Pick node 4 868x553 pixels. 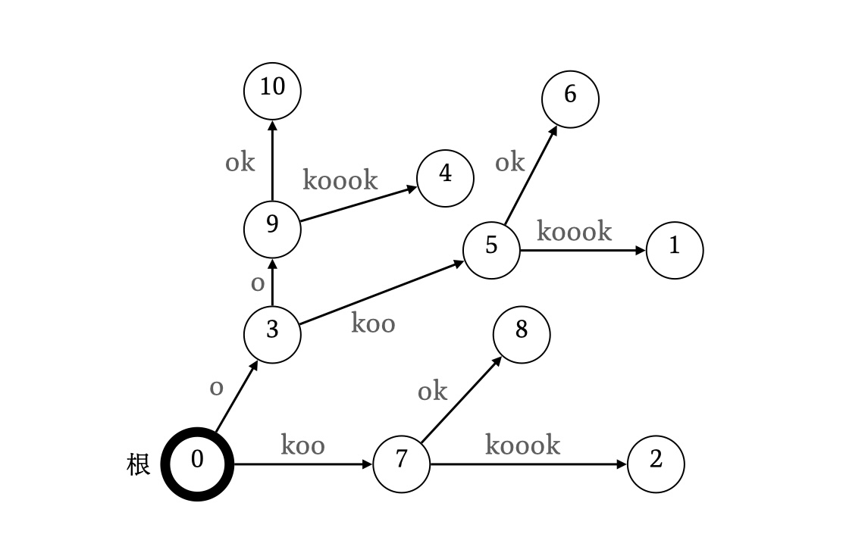pyautogui.click(x=445, y=178)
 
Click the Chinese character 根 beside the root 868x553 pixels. pyautogui.click(x=138, y=464)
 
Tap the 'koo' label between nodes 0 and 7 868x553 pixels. pyautogui.click(x=302, y=445)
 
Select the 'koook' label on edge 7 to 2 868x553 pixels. pyautogui.click(x=522, y=445)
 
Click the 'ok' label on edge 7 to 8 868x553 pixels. pyautogui.click(x=432, y=392)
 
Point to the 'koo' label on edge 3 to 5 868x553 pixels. pyautogui.click(x=373, y=323)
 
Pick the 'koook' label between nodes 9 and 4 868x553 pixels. pyautogui.click(x=340, y=180)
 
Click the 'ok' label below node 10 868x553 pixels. pyautogui.click(x=240, y=162)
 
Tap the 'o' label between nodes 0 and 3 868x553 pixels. pyautogui.click(x=216, y=388)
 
